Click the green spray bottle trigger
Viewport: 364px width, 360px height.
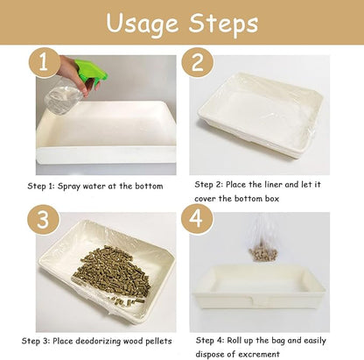tap(87, 71)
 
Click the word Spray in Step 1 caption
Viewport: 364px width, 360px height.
tap(76, 186)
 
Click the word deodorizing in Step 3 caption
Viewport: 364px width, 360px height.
tap(111, 339)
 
